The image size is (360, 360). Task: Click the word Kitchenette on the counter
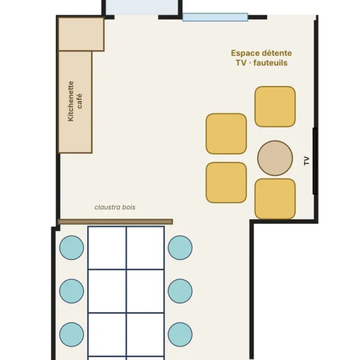pyautogui.click(x=71, y=101)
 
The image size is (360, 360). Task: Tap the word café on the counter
pyautogui.click(x=79, y=101)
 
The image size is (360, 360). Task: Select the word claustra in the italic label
pyautogui.click(x=107, y=207)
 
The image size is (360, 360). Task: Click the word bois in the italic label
pyautogui.click(x=129, y=207)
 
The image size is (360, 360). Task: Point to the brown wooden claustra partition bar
pyautogui.click(x=115, y=222)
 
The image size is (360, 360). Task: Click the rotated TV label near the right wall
pyautogui.click(x=307, y=160)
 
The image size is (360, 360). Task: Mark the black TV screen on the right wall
pyautogui.click(x=315, y=161)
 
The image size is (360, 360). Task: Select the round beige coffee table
pyautogui.click(x=275, y=158)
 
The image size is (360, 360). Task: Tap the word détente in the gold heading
pyautogui.click(x=276, y=53)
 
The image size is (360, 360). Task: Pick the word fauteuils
pyautogui.click(x=270, y=63)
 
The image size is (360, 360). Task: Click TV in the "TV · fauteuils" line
pyautogui.click(x=241, y=63)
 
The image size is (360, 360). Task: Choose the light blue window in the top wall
pyautogui.click(x=215, y=17)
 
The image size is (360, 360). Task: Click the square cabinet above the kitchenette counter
pyautogui.click(x=81, y=34)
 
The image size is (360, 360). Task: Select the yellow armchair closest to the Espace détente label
pyautogui.click(x=275, y=107)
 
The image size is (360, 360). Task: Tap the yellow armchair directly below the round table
pyautogui.click(x=275, y=199)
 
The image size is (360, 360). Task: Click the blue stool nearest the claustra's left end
pyautogui.click(x=72, y=247)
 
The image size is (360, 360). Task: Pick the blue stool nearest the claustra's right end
pyautogui.click(x=180, y=247)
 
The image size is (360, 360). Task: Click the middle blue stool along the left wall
pyautogui.click(x=72, y=291)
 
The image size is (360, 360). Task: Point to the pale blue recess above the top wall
pyautogui.click(x=142, y=7)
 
